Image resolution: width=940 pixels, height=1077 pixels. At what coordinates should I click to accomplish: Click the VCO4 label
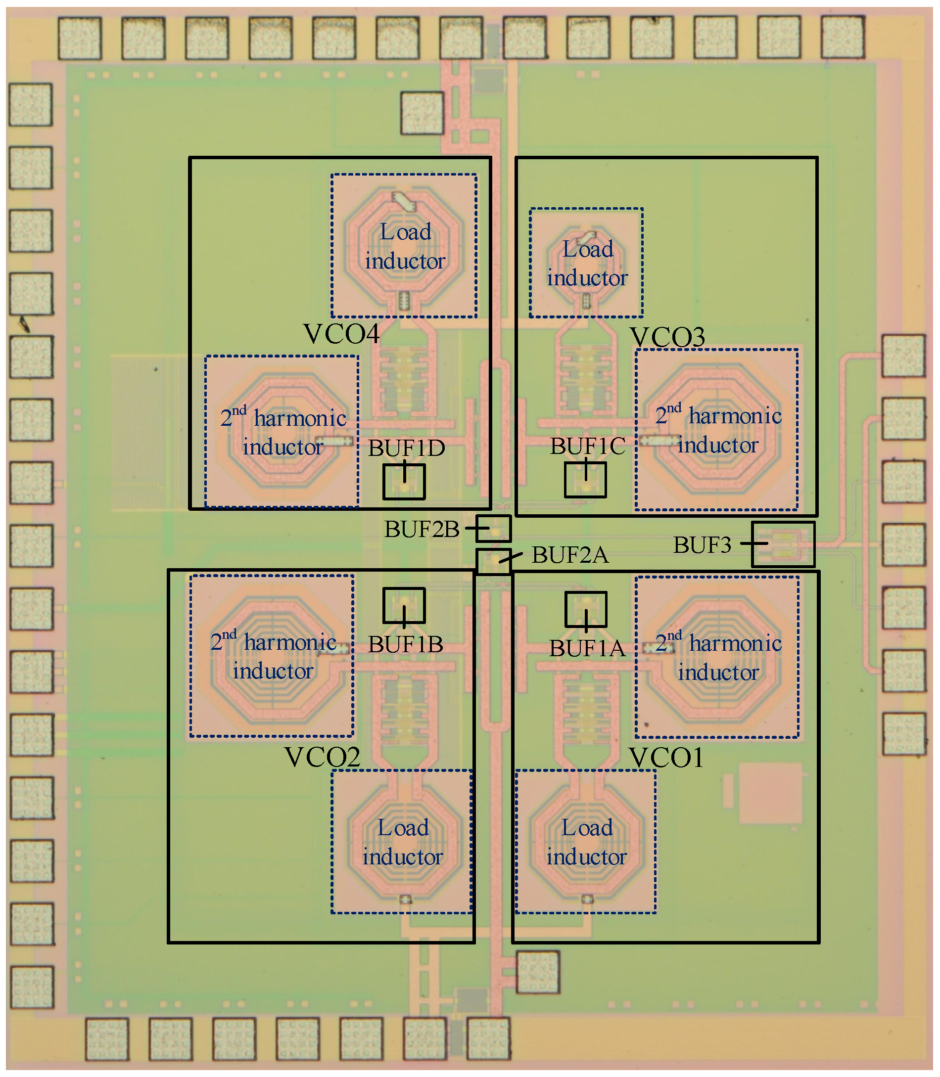(341, 334)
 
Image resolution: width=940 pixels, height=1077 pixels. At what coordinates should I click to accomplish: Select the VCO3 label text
(667, 337)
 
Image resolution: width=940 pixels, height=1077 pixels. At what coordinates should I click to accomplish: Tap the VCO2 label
(322, 757)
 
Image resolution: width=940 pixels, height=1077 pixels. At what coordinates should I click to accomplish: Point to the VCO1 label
(666, 758)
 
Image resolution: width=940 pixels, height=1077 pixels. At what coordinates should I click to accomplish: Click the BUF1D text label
(406, 449)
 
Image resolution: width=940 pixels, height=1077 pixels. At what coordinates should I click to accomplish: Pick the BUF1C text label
(588, 447)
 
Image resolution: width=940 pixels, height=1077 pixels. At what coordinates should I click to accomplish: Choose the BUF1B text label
(405, 645)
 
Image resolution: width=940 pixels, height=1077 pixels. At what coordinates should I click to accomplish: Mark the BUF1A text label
(587, 649)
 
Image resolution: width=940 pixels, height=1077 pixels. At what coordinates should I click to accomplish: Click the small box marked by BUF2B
(494, 529)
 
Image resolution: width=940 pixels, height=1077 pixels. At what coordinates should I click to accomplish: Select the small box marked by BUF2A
(493, 562)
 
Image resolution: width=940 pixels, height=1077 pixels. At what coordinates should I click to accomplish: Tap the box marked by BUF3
(783, 544)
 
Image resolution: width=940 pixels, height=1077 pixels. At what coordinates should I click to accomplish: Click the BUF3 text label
(702, 545)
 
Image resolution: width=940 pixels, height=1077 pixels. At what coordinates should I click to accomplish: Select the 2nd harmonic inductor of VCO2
(272, 657)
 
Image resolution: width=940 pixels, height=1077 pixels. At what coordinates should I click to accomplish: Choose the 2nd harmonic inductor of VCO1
(717, 658)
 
